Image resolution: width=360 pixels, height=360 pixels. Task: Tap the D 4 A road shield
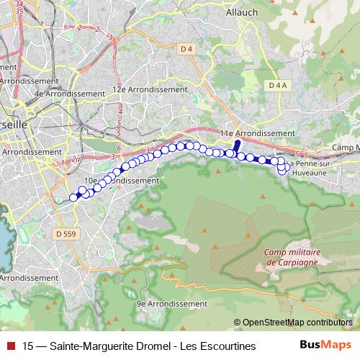click(x=277, y=85)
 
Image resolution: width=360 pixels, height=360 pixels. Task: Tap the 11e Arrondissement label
click(x=257, y=134)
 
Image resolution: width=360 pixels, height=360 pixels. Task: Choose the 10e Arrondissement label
click(x=120, y=180)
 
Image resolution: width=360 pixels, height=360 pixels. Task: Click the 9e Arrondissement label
click(x=172, y=304)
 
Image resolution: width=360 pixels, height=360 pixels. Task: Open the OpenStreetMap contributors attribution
click(x=297, y=322)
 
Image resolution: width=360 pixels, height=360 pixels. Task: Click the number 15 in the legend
click(x=28, y=346)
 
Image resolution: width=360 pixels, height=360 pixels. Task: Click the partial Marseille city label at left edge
click(x=12, y=123)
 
